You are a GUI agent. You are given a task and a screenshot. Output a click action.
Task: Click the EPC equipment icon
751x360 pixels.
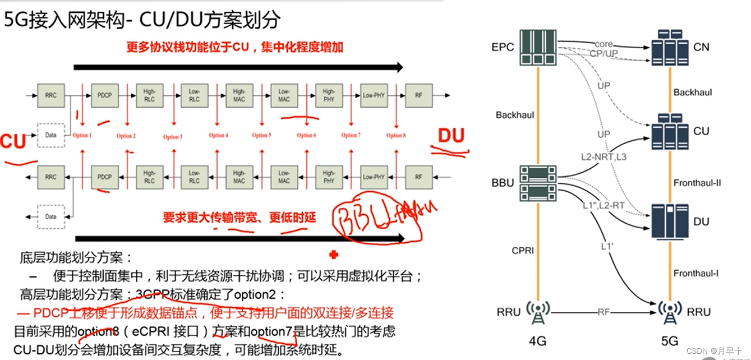point(538,47)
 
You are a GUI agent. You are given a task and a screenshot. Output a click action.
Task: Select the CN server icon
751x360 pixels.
point(670,48)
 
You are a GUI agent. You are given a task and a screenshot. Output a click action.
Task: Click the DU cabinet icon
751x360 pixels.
point(670,221)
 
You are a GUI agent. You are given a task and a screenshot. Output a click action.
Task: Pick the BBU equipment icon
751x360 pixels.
point(538,183)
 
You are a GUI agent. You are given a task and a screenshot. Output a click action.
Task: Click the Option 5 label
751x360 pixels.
point(261,135)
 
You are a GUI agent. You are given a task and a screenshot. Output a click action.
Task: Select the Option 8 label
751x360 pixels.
point(396,135)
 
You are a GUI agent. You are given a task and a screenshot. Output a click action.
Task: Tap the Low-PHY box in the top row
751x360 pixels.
point(374,96)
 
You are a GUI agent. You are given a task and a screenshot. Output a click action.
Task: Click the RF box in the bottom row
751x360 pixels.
point(418,177)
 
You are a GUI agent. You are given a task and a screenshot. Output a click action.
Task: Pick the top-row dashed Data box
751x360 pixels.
point(51,135)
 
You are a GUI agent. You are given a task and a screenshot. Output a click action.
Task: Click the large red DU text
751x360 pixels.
point(450,135)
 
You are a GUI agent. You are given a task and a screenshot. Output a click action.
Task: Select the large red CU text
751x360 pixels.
point(13,142)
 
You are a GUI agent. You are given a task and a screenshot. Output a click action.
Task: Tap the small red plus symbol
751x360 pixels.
point(334,255)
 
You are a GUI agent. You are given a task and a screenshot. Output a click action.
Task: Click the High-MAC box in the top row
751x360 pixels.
point(239,96)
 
